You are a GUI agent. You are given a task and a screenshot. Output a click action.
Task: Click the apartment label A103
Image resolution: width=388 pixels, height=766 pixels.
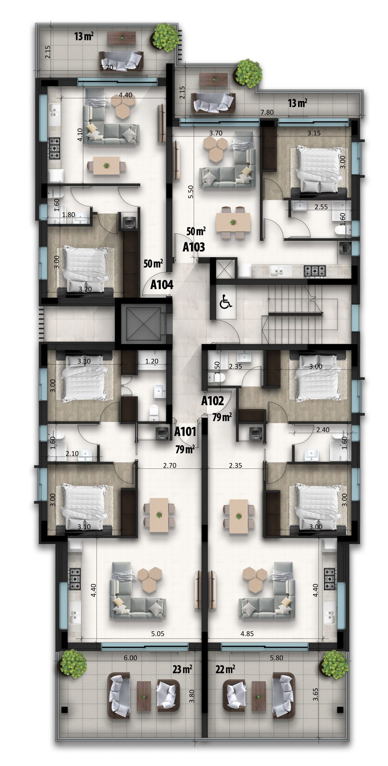194,247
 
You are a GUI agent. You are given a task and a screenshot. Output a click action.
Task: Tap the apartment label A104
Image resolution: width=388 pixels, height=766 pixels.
162,285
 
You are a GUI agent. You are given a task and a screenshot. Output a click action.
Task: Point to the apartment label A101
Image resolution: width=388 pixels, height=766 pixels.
185,431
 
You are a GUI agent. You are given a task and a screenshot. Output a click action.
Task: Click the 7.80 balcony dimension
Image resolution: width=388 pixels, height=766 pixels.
267,112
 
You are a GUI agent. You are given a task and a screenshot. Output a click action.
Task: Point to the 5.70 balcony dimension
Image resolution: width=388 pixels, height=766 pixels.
107,67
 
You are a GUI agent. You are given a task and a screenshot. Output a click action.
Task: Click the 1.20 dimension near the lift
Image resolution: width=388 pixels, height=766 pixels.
152,361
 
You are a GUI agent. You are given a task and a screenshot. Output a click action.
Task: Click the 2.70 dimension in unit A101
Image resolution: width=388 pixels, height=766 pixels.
169,465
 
